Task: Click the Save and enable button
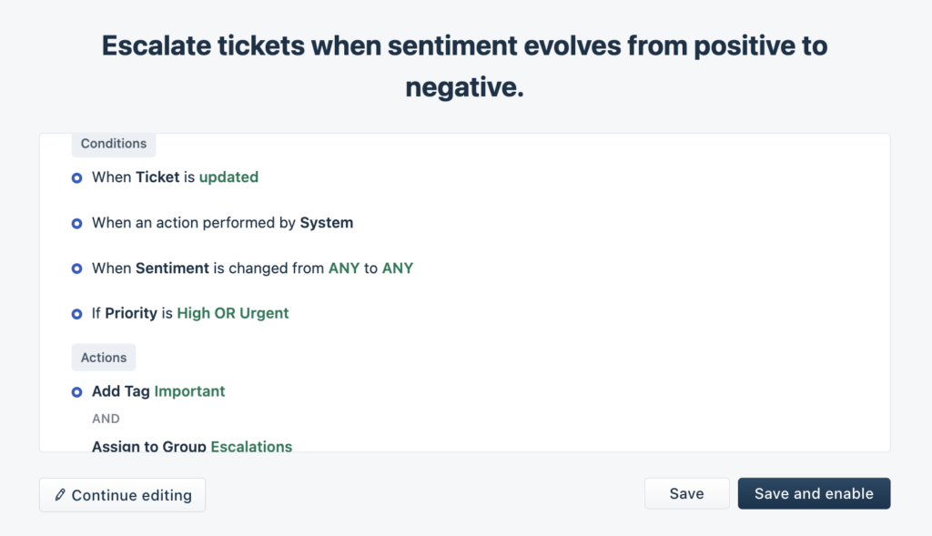click(814, 493)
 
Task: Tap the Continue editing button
click(123, 495)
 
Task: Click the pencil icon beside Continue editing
click(60, 494)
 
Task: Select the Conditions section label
click(114, 144)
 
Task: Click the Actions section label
click(104, 358)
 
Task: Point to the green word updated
click(228, 177)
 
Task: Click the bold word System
click(327, 223)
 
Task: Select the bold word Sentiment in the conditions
click(172, 268)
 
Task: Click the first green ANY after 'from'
click(344, 268)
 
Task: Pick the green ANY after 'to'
click(398, 268)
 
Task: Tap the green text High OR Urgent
click(233, 313)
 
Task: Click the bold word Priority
click(131, 313)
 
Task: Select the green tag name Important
click(189, 391)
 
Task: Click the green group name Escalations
click(251, 446)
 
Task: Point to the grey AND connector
click(106, 419)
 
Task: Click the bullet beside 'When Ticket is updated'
click(76, 177)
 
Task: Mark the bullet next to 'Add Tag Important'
click(76, 392)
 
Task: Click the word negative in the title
click(464, 87)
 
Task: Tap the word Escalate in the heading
click(157, 46)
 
